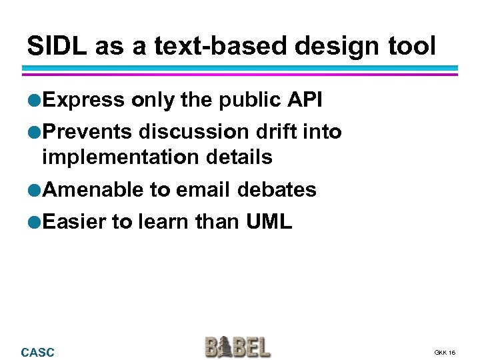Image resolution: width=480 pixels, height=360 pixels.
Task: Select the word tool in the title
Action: [412, 46]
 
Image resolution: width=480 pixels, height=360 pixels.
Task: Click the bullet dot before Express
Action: [35, 100]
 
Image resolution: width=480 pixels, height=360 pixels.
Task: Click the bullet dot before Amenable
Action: [35, 190]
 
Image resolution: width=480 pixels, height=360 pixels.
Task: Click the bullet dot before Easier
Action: [35, 223]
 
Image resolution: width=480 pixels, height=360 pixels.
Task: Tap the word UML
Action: [269, 222]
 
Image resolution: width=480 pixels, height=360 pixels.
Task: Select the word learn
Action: [163, 222]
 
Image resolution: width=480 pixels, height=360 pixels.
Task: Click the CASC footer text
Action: [38, 352]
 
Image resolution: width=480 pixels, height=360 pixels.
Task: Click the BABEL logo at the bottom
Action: [237, 347]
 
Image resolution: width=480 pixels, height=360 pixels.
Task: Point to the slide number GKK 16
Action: [445, 352]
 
